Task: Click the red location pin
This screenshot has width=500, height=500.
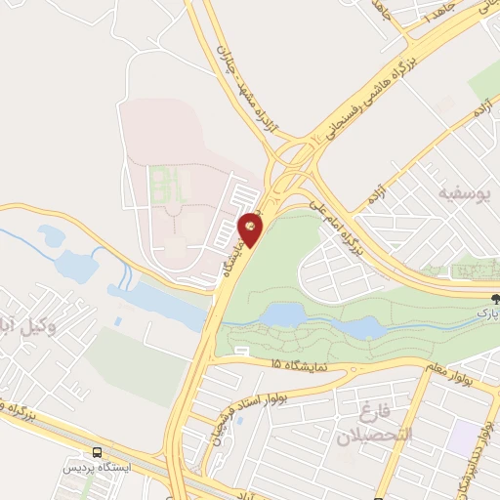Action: click(251, 226)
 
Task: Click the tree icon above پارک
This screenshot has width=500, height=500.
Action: click(495, 299)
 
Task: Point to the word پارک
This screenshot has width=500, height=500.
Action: click(488, 313)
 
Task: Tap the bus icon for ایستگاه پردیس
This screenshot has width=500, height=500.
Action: click(96, 452)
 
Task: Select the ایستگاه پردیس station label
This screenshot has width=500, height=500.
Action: click(96, 468)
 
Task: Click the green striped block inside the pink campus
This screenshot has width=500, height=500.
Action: click(157, 180)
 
